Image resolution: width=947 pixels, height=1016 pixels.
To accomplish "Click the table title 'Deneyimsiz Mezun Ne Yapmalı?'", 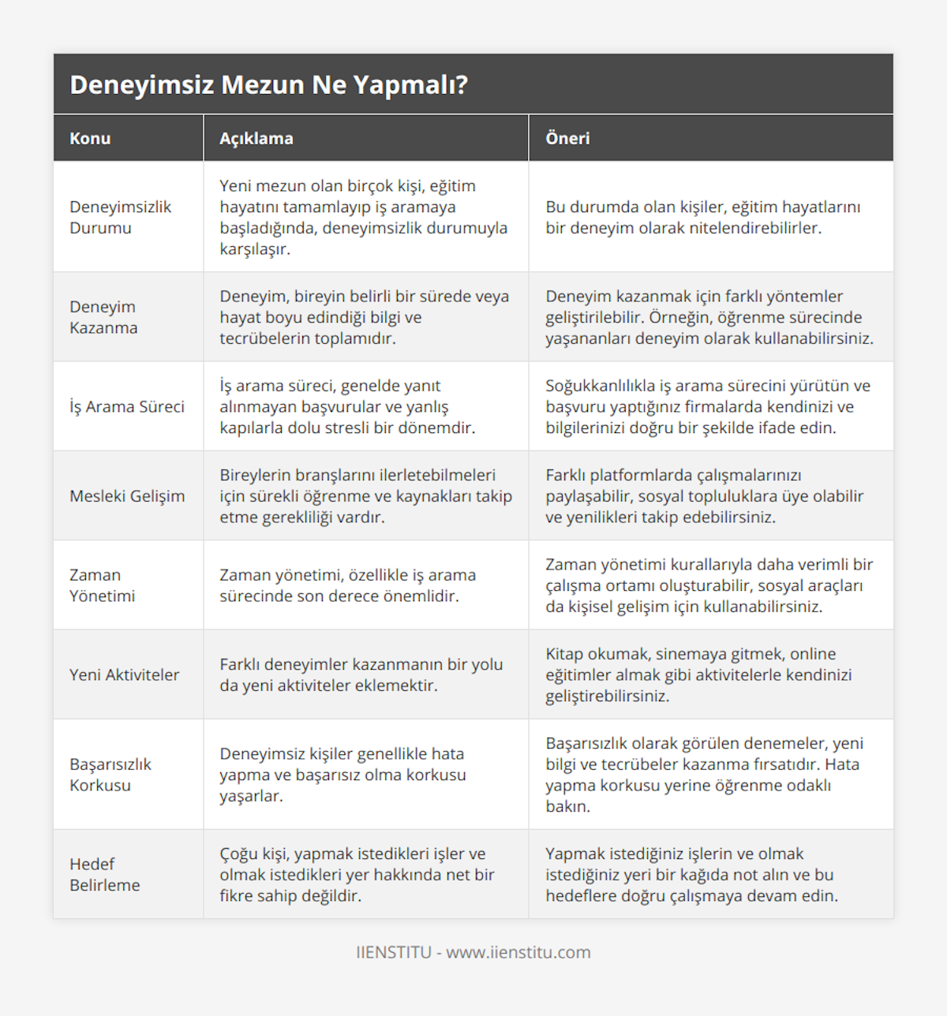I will pos(268,84).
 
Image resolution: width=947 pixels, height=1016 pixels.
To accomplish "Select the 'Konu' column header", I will pos(90,138).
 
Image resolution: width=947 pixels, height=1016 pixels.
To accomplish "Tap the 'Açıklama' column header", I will pos(256,138).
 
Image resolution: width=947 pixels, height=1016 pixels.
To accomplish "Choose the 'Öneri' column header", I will pos(567,138).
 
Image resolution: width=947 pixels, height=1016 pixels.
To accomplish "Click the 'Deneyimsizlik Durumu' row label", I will pos(120,217).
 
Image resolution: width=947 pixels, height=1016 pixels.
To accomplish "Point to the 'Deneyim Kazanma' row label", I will pos(103,317).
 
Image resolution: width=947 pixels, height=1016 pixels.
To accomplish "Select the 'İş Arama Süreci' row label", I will pos(127,406).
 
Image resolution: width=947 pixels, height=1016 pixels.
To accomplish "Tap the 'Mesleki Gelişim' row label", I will pos(127,495).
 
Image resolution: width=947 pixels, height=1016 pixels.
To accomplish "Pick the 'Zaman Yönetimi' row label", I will pos(102,585).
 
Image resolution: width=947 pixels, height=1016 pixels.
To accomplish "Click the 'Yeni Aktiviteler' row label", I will pos(124,674).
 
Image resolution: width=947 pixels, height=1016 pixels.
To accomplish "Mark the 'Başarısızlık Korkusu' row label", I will pos(110,775).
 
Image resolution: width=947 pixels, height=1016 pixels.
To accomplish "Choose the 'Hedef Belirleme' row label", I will pos(104,874).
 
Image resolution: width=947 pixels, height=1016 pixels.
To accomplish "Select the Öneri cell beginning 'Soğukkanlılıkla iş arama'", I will pos(707,406).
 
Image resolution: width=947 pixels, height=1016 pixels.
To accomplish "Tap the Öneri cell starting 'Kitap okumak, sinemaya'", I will pos(698,674).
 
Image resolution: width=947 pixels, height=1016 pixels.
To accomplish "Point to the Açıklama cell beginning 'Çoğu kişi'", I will pos(357,874).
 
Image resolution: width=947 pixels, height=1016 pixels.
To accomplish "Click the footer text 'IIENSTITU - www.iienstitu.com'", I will pos(473,952).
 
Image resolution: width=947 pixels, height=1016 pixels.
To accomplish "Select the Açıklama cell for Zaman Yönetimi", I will pos(347,585).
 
